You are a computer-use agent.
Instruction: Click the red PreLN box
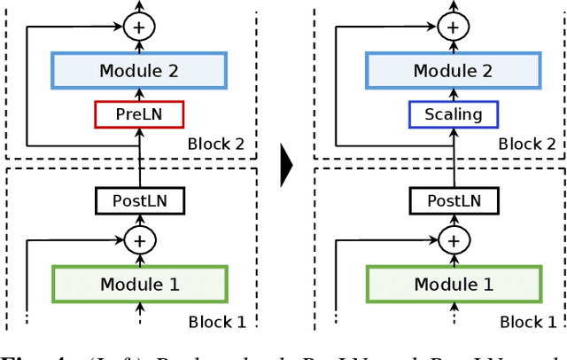[x=139, y=114]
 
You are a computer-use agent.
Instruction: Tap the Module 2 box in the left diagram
[x=139, y=70]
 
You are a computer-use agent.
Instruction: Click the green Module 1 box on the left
[x=139, y=285]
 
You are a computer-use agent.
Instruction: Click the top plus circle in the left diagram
[x=138, y=27]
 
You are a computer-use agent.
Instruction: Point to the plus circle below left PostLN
[x=138, y=239]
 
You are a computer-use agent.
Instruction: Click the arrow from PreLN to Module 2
[x=139, y=95]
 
